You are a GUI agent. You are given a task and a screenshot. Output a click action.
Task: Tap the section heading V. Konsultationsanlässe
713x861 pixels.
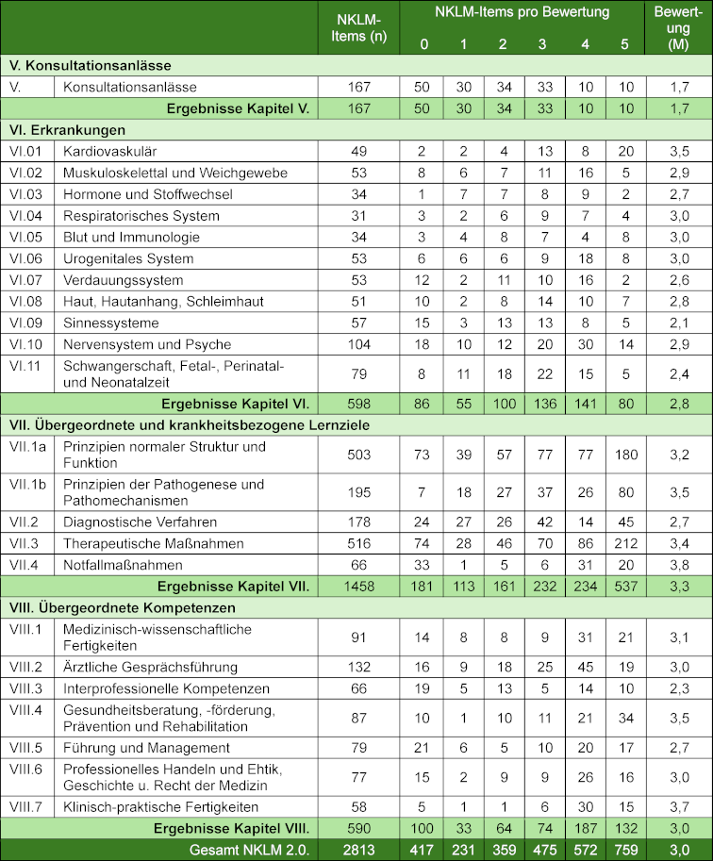click(x=90, y=65)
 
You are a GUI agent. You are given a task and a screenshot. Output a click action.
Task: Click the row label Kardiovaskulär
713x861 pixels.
click(x=108, y=151)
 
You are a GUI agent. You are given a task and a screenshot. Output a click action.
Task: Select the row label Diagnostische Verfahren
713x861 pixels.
click(x=141, y=522)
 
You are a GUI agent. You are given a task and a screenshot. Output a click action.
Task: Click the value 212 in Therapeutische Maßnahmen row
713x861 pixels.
click(x=624, y=542)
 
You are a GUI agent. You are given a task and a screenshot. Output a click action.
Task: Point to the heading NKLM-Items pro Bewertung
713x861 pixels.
click(x=522, y=12)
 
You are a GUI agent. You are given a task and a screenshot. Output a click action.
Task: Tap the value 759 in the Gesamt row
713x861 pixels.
click(x=624, y=849)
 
